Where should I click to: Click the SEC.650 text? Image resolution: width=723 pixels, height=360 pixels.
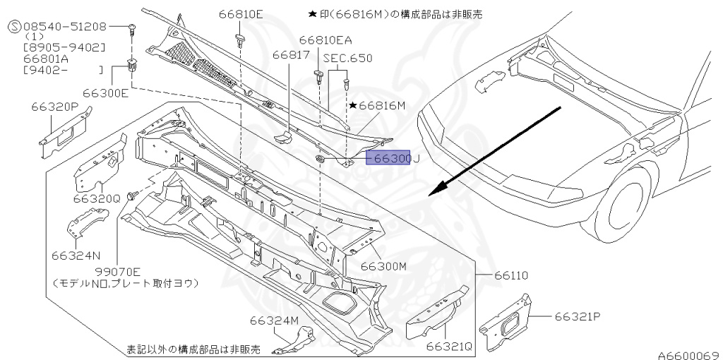click(347, 58)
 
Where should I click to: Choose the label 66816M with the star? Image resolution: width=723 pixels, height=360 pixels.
click(377, 105)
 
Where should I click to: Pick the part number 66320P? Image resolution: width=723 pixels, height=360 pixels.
click(54, 107)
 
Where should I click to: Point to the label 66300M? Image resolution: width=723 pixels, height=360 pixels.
click(384, 266)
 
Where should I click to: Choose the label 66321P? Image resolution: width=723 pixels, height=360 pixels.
click(577, 316)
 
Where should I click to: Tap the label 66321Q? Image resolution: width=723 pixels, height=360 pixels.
click(448, 347)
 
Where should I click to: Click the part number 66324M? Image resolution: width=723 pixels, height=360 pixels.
click(274, 320)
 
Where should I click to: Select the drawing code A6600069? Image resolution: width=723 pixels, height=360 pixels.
click(688, 355)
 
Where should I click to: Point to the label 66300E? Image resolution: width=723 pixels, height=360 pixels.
click(105, 92)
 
